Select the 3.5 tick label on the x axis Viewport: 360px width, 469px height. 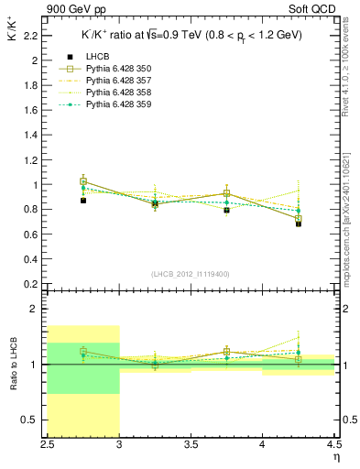pos(191,448)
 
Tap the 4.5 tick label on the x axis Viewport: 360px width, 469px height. pos(333,448)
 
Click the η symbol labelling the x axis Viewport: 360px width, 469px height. pos(336,458)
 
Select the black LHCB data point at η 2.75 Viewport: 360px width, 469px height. pos(83,201)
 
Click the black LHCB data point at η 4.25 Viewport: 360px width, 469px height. pos(299,224)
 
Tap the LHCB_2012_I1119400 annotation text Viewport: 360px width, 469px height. pos(191,274)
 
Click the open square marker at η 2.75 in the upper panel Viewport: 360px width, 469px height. pos(83,181)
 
